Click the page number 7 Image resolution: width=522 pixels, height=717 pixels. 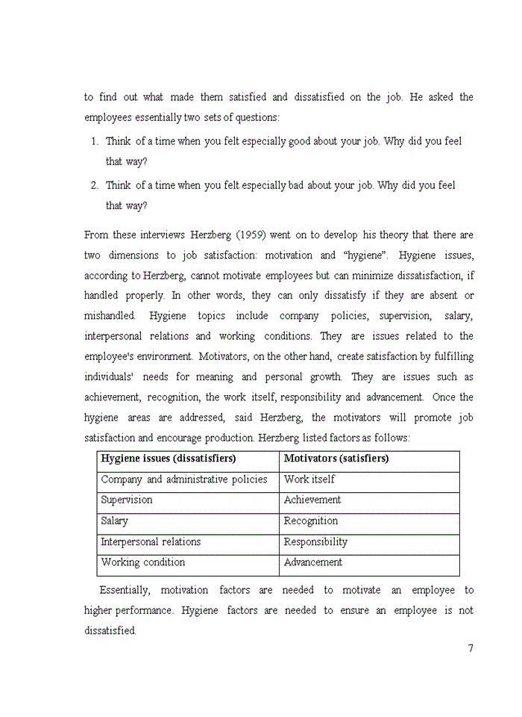(x=471, y=648)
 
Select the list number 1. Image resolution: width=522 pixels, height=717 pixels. (x=95, y=141)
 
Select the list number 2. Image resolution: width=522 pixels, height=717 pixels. (x=95, y=185)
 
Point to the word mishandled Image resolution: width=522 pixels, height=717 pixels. (x=110, y=316)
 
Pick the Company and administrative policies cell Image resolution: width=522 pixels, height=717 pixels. (x=183, y=479)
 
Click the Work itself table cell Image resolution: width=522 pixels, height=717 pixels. (x=309, y=479)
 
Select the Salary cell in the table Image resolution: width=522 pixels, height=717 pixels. (x=114, y=521)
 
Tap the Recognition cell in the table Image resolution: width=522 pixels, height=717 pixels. (x=310, y=521)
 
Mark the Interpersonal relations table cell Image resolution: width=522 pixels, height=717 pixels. (x=151, y=542)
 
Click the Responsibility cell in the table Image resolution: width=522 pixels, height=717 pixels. (x=315, y=542)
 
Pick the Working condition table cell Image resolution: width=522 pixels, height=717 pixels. (x=142, y=562)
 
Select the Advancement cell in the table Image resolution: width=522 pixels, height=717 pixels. (x=312, y=562)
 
